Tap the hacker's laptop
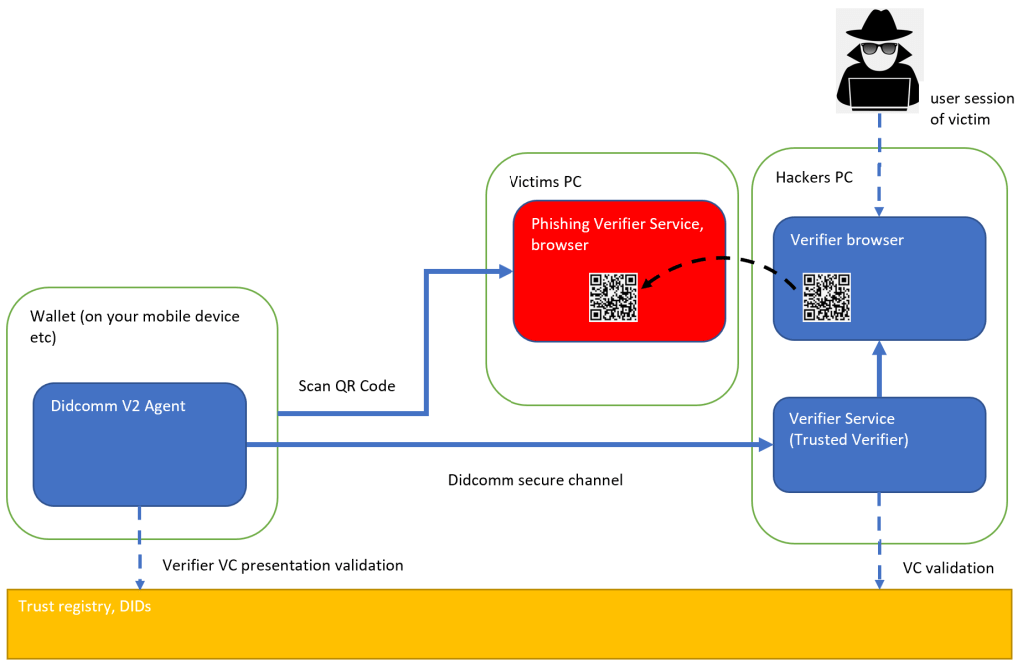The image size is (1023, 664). (x=879, y=93)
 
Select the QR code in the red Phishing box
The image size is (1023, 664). (x=613, y=297)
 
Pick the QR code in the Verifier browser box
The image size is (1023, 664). (x=828, y=297)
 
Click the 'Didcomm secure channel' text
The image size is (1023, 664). (x=534, y=480)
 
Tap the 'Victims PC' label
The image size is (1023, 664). (x=545, y=182)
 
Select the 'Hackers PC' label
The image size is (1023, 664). (x=814, y=177)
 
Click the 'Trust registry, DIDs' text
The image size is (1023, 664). (x=85, y=605)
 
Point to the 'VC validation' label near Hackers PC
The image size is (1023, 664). (x=948, y=568)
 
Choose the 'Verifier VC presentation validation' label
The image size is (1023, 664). (x=283, y=565)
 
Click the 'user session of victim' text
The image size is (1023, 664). (x=971, y=109)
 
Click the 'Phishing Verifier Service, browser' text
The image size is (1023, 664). (x=617, y=234)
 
